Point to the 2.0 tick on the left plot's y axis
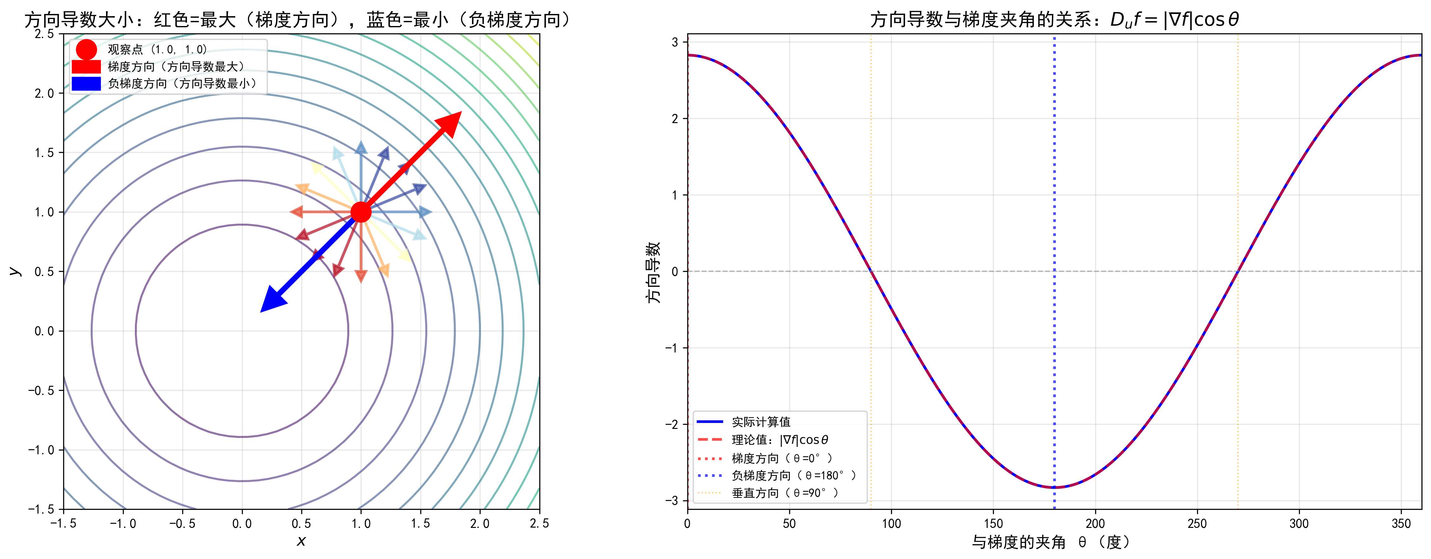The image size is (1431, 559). point(44,93)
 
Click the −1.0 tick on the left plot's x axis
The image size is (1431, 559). point(123,523)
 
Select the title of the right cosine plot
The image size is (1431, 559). point(1054,20)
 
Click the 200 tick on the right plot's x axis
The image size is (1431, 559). point(1095,523)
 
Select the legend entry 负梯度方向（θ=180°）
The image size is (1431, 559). point(793,476)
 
